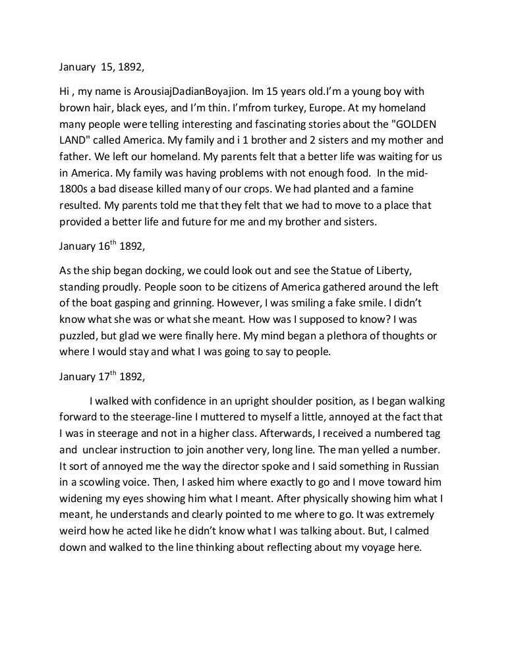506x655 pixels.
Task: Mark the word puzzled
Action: [x=78, y=335]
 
